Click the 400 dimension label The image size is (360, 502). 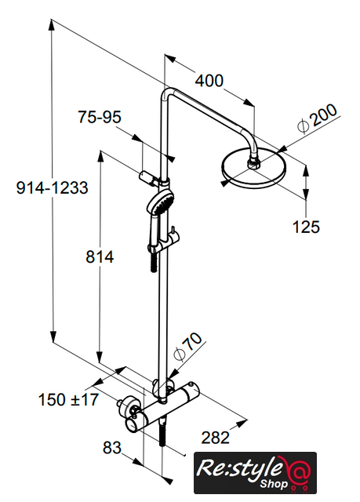point(209,80)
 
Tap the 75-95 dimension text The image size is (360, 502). point(100,117)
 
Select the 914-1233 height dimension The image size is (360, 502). point(53,187)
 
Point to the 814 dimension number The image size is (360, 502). point(100,256)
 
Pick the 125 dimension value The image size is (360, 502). point(306,227)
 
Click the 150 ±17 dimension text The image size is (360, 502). point(68,399)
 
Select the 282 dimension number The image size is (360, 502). point(216,438)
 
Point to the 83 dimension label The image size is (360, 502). point(112,447)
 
